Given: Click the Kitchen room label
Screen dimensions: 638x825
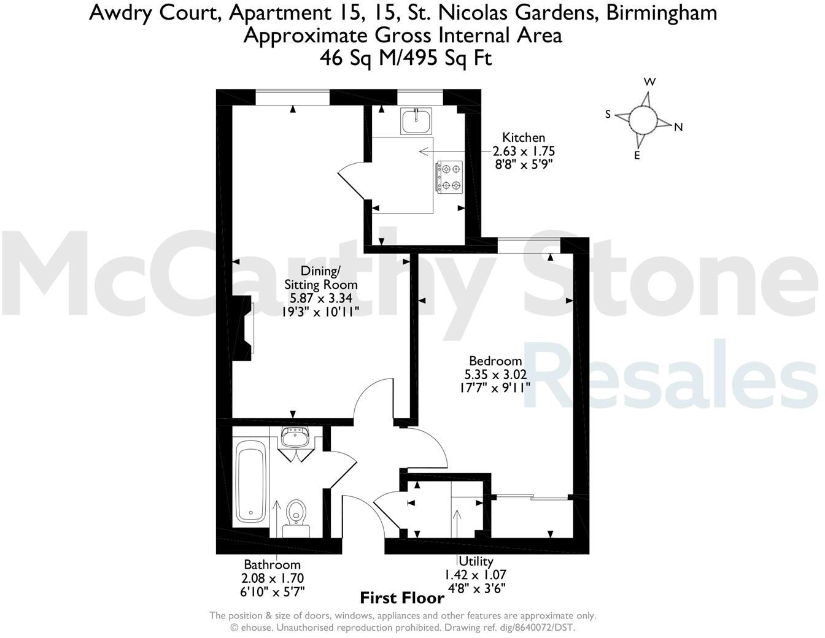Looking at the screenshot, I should coord(523,137).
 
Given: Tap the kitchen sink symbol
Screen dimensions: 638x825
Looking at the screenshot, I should coord(416,121).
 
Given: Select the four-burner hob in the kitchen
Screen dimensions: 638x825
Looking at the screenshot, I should coord(449,177).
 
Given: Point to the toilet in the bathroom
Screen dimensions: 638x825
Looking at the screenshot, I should coord(296,512).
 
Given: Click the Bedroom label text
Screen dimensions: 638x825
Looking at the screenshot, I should coord(495,361).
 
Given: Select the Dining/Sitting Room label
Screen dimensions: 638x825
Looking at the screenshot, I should coord(320,277).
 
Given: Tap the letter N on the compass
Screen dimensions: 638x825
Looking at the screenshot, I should coord(678,128).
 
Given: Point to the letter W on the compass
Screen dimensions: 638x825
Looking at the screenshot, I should coord(649,82).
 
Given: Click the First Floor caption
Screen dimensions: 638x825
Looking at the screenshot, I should coord(402,598).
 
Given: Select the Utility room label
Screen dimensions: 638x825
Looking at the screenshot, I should coord(476,561).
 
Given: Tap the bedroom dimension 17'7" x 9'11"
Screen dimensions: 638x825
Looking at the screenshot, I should coord(495,387).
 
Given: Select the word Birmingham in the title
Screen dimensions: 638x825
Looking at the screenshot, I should coord(661,12).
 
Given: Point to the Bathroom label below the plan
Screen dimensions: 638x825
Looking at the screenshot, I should coord(272,564).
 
